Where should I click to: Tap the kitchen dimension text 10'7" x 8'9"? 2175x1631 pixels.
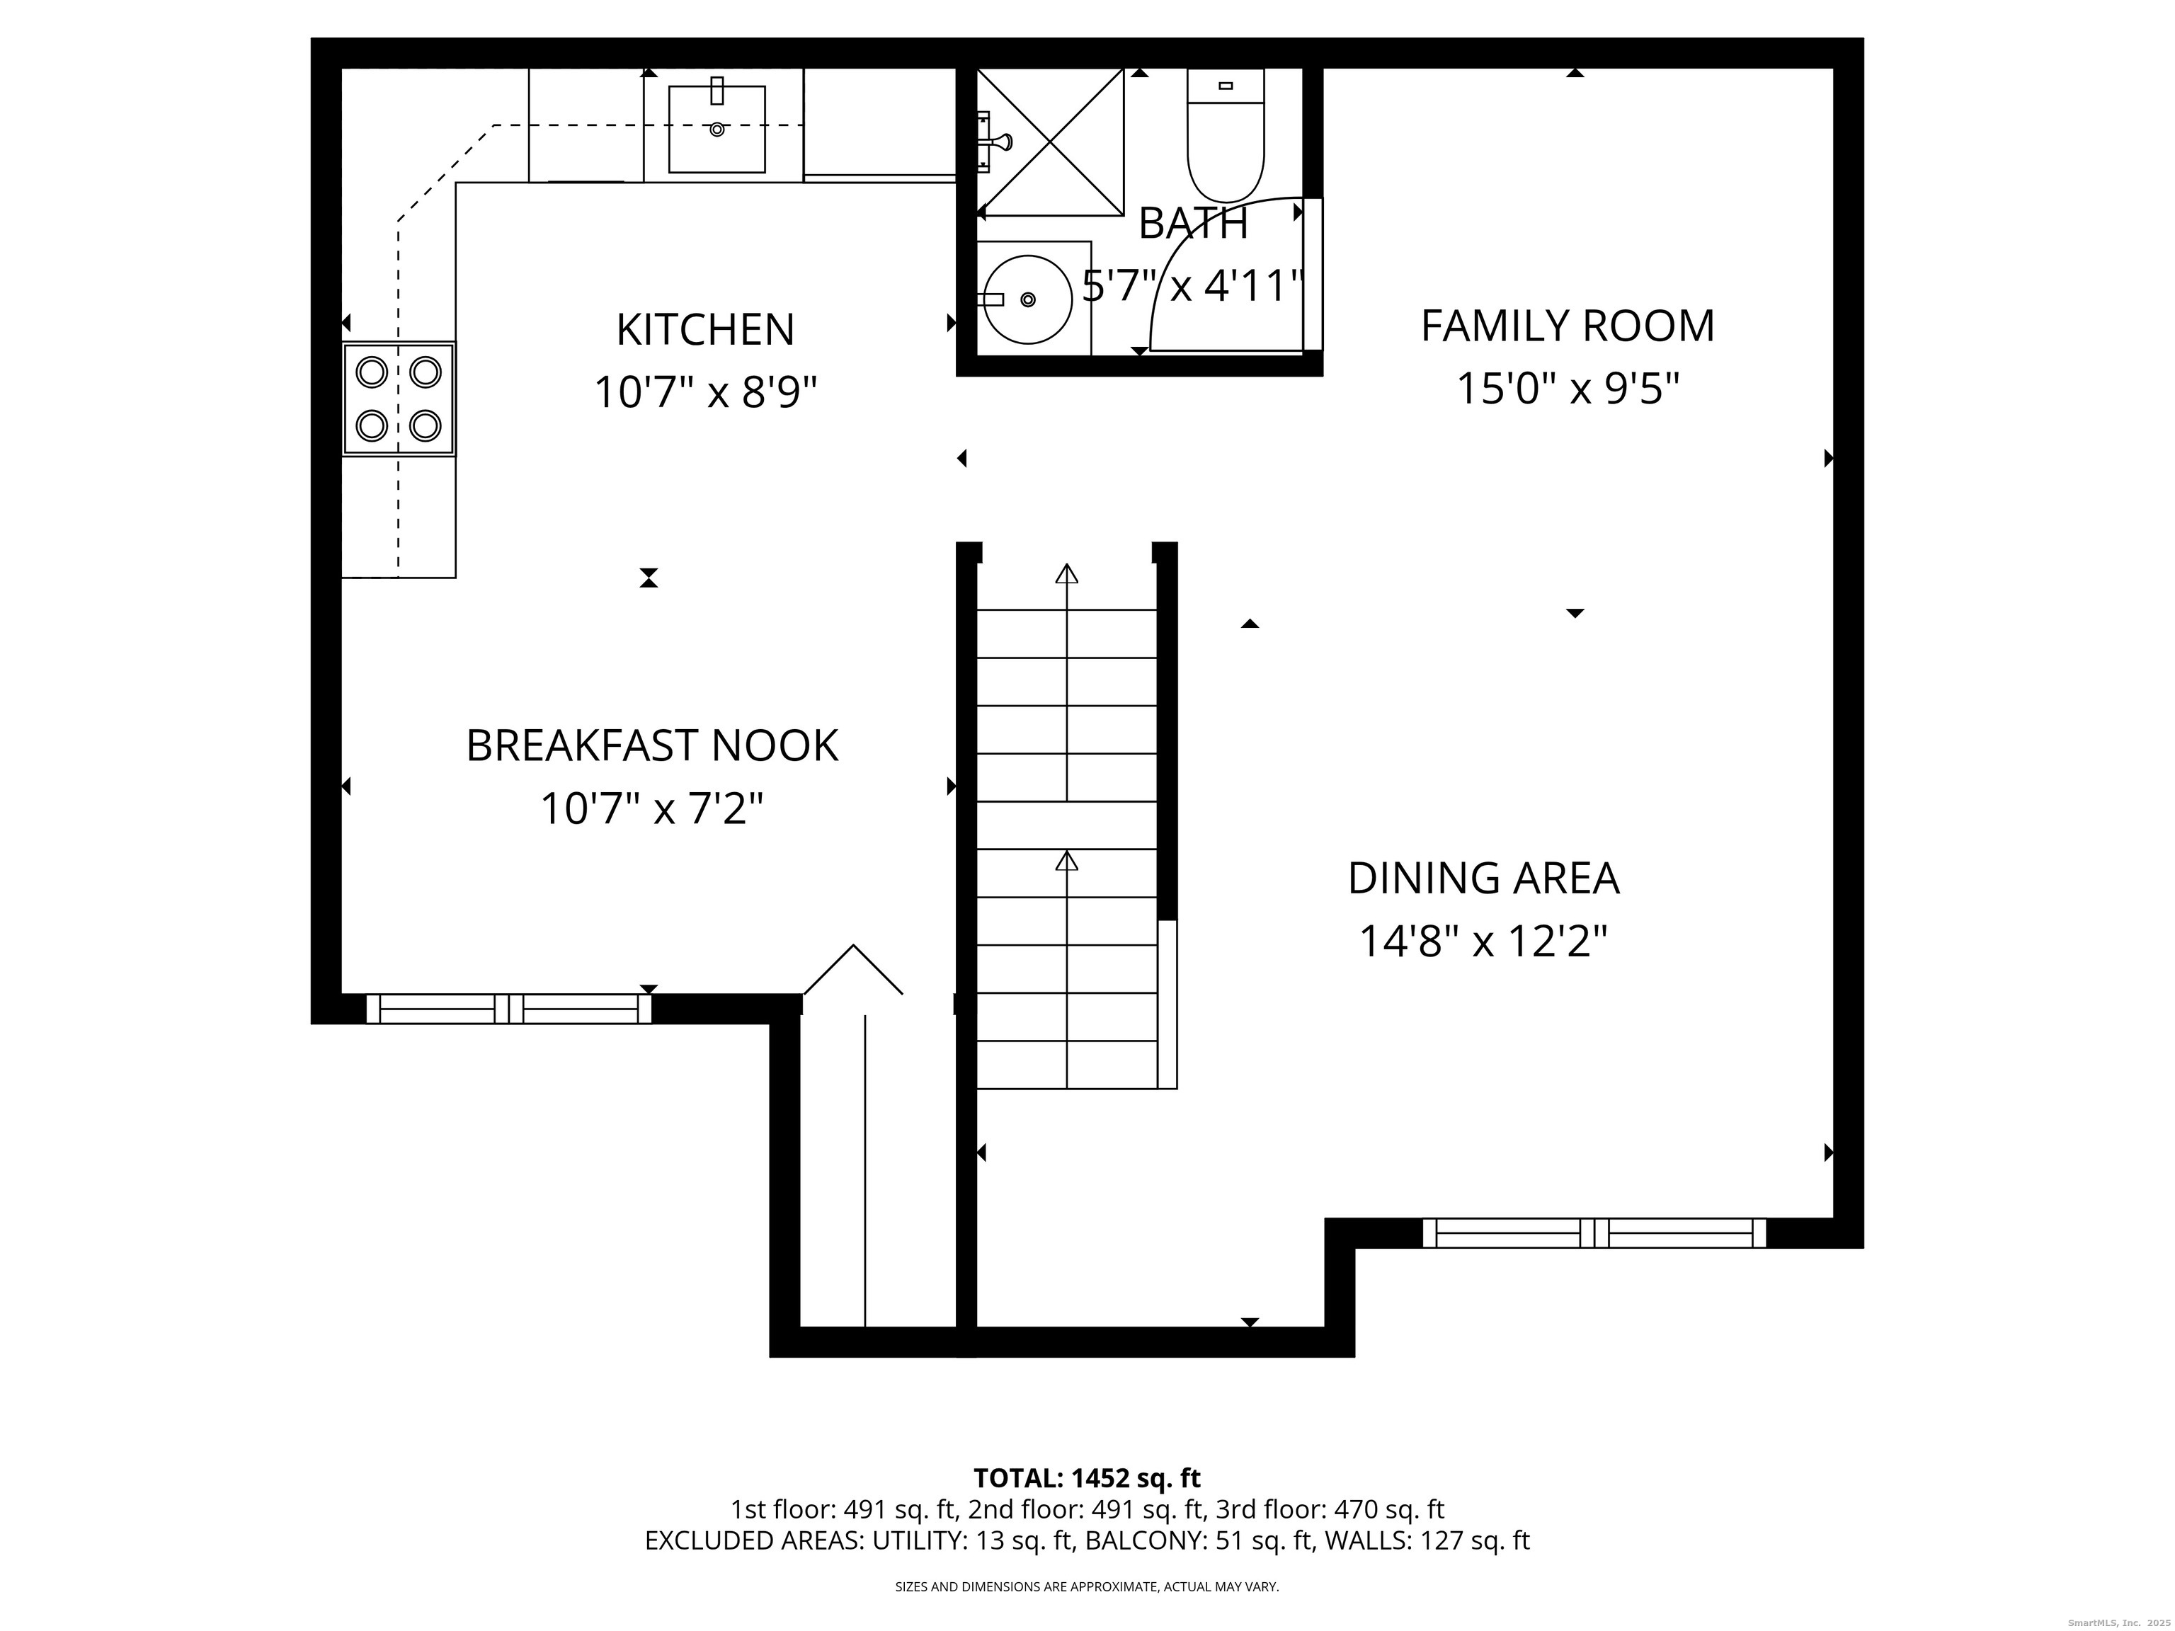(705, 394)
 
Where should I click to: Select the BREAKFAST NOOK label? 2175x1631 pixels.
(652, 745)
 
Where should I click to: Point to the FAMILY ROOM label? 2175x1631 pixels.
(1568, 326)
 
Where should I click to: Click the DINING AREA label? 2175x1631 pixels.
(1483, 878)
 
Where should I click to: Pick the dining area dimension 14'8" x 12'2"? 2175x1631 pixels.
(1483, 941)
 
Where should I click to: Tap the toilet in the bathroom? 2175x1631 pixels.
(1225, 136)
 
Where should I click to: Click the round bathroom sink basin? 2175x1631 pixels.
(1027, 299)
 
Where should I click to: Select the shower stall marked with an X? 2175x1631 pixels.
(1050, 142)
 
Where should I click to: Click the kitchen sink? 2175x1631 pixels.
(717, 129)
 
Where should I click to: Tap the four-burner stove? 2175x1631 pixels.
(398, 398)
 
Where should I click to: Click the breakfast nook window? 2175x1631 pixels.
(508, 1009)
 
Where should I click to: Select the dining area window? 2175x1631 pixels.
(1594, 1233)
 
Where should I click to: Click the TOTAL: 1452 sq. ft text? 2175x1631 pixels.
(1087, 1477)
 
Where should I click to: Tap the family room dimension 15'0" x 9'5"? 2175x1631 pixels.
(1568, 389)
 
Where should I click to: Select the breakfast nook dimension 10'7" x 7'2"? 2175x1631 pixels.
(652, 809)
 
